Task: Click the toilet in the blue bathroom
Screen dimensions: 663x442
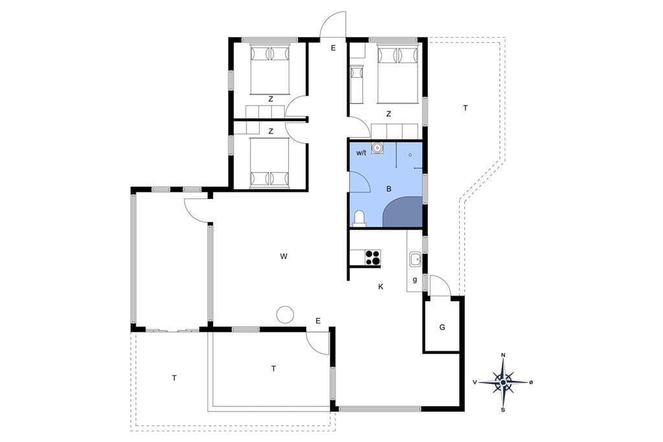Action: [359, 218]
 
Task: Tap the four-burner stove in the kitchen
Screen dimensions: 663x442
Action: [373, 257]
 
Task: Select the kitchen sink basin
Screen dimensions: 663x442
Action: [415, 259]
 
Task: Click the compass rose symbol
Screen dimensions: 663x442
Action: [502, 382]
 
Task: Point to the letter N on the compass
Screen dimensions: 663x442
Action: [503, 355]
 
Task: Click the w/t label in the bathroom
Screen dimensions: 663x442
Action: [361, 153]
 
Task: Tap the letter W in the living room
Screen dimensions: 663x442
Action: [284, 256]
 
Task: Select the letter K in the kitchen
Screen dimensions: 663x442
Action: [381, 286]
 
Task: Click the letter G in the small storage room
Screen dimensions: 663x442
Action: [442, 327]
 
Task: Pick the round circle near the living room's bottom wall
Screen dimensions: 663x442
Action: [285, 314]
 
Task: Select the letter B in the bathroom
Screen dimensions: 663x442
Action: [389, 189]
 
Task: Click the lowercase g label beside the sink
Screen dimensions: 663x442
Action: [415, 279]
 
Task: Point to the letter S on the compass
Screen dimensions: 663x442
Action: [502, 410]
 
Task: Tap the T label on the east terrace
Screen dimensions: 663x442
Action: [466, 108]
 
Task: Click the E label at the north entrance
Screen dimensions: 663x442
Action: [333, 48]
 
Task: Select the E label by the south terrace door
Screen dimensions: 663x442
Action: [318, 321]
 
